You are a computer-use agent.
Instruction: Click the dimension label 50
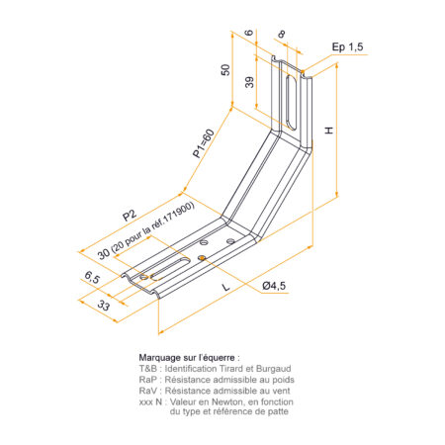tap(225, 70)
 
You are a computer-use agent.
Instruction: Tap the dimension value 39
tap(249, 82)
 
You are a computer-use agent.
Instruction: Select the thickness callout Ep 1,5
tap(347, 46)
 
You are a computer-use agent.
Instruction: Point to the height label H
tap(329, 131)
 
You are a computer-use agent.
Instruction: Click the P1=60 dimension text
tap(204, 143)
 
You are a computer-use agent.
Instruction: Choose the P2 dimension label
tap(130, 215)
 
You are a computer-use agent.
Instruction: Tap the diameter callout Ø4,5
tap(274, 286)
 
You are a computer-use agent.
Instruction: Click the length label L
tap(225, 287)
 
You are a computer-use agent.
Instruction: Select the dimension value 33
tap(104, 306)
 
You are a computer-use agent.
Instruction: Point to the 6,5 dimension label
tap(92, 277)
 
